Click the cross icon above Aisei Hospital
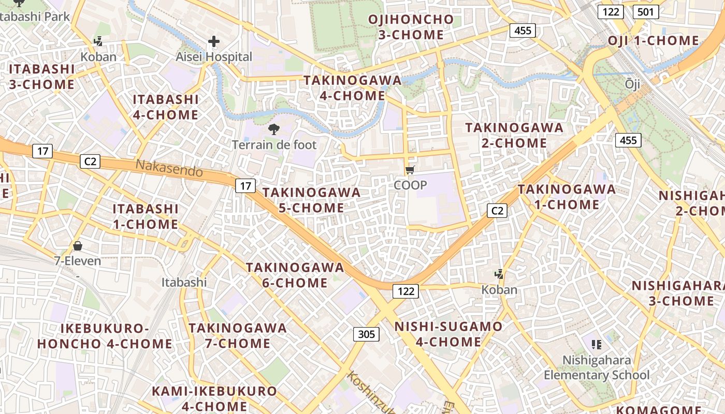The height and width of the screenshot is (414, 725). coord(214,41)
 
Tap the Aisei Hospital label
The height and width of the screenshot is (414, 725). coord(214,57)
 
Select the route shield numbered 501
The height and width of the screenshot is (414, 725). coord(645,11)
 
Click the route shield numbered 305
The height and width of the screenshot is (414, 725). coord(366,334)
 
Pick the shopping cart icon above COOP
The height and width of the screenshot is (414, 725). coord(410,170)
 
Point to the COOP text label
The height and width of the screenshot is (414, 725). coord(410,185)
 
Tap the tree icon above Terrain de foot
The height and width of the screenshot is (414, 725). coord(273,129)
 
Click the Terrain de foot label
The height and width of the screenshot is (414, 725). coord(274,144)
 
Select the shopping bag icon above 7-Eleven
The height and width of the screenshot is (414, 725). coord(78,245)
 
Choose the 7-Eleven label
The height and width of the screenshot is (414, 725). coord(78,261)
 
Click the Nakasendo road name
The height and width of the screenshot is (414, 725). coord(169,168)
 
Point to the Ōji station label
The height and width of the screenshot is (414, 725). coord(632,83)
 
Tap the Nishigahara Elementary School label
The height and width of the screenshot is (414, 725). coord(597,367)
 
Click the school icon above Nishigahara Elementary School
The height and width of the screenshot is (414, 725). coord(597,344)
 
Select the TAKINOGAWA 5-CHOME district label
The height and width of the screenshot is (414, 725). coord(311,200)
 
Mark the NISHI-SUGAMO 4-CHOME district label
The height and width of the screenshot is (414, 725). coord(448,334)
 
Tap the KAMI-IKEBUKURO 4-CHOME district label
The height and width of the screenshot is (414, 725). coord(214,398)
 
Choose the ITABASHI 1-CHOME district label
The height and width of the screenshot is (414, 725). coord(146,216)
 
